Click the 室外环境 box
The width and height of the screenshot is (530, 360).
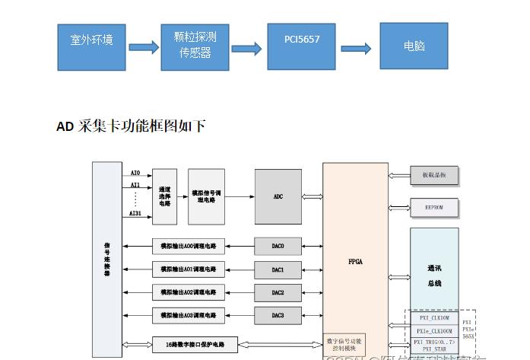pyautogui.click(x=92, y=46)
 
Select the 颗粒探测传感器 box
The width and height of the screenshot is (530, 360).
pyautogui.click(x=195, y=46)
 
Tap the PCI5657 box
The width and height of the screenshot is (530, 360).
pyautogui.click(x=301, y=46)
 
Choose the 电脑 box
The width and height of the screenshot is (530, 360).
pyautogui.click(x=414, y=46)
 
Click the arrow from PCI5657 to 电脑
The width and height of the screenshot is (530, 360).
pyautogui.click(x=357, y=48)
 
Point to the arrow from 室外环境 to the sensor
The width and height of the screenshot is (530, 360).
pyautogui.click(x=144, y=47)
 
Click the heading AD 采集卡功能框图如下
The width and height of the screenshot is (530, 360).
pyautogui.click(x=131, y=126)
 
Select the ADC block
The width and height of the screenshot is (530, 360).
pyautogui.click(x=278, y=196)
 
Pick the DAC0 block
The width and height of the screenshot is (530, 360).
pyautogui.click(x=278, y=247)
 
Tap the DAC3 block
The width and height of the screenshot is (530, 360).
pyautogui.click(x=278, y=315)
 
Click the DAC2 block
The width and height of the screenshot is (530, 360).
pyautogui.click(x=278, y=292)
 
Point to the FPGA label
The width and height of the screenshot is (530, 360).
pyautogui.click(x=355, y=261)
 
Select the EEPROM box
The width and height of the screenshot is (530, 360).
pyautogui.click(x=434, y=207)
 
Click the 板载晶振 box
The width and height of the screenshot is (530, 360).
pyautogui.click(x=434, y=176)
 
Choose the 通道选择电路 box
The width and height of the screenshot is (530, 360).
pyautogui.click(x=164, y=196)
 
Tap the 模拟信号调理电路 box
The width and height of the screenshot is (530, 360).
pyautogui.click(x=207, y=196)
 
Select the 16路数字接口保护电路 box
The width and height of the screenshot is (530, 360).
pyautogui.click(x=195, y=344)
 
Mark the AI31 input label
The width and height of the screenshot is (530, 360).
pyautogui.click(x=135, y=214)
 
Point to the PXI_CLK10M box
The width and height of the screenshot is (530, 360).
pyautogui.click(x=434, y=319)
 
